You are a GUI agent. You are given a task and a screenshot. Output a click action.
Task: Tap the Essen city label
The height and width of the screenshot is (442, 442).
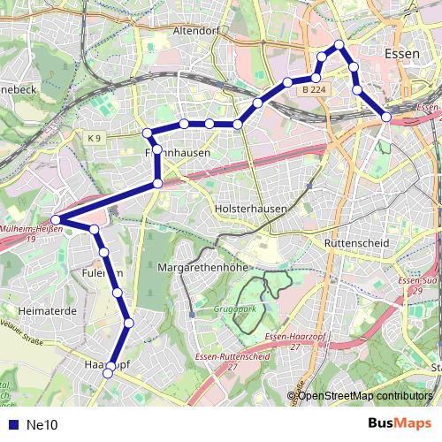[403, 54]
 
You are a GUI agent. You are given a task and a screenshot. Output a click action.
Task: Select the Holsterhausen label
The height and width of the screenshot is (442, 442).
[251, 210]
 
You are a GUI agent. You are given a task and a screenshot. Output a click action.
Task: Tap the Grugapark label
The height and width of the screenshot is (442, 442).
[234, 310]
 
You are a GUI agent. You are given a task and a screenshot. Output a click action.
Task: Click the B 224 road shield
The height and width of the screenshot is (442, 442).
[312, 90]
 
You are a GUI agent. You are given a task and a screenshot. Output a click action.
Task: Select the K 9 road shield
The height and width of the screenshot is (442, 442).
[95, 138]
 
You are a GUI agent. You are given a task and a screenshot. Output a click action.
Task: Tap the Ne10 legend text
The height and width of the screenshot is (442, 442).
[42, 425]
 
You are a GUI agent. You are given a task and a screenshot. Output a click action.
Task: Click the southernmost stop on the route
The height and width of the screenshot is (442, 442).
[109, 374]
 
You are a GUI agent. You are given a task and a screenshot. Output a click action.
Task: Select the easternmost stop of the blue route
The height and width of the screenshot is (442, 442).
[386, 117]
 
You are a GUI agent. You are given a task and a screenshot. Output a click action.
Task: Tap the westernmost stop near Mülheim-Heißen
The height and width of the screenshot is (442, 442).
[55, 220]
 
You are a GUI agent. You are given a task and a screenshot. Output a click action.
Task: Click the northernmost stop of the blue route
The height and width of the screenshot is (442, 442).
[339, 44]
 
